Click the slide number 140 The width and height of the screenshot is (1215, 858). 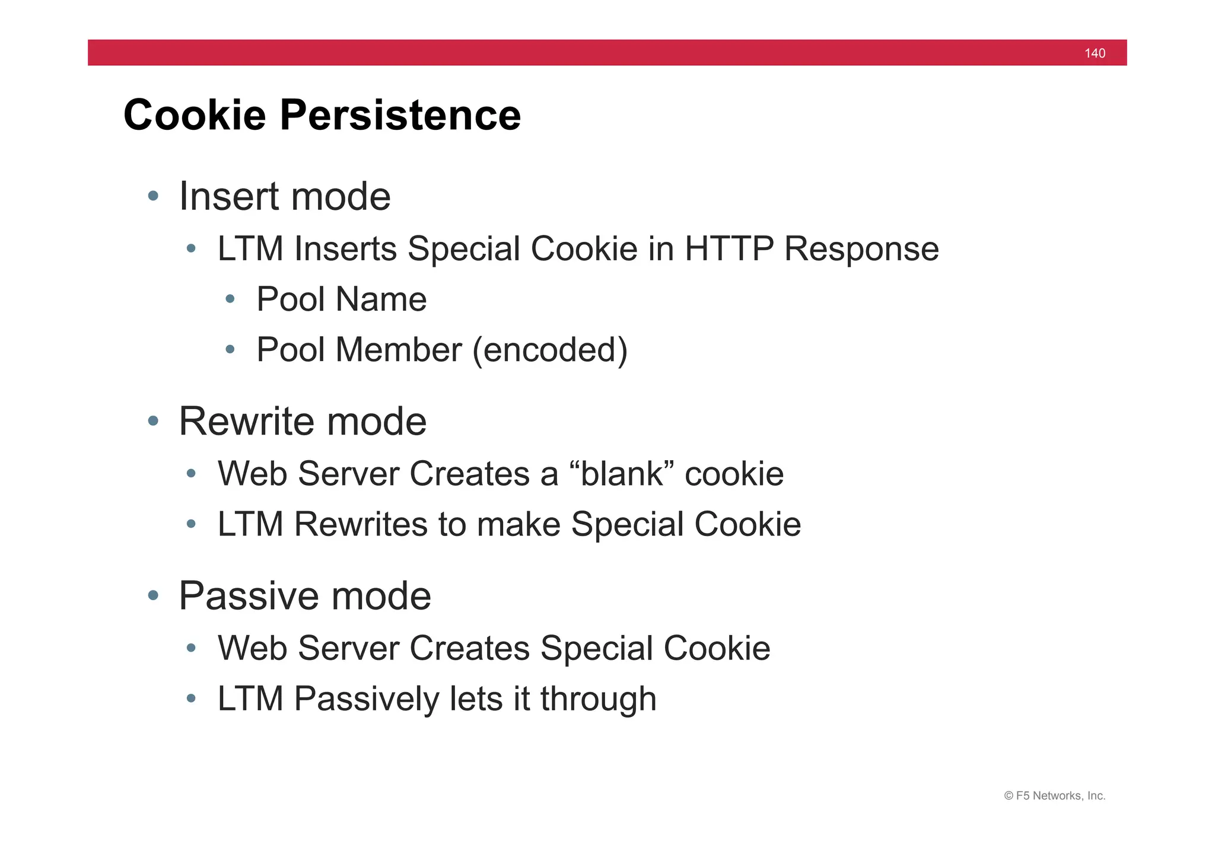coord(1095,53)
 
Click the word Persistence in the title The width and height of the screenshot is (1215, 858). coord(400,115)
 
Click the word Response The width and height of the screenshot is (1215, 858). coord(861,250)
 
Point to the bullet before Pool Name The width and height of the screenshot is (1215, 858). coord(230,299)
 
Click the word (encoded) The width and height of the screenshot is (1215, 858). coord(550,350)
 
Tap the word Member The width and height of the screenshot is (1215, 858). coord(399,350)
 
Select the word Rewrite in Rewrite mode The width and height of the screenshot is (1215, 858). coord(247,422)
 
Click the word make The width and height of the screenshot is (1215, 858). coord(519,525)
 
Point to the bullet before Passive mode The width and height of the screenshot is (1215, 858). coord(153,595)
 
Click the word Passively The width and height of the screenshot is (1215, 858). coord(367,699)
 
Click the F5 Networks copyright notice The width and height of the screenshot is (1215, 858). coord(1054,796)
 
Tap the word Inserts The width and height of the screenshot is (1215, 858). coord(345,248)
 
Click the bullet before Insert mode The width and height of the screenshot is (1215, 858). coord(153,196)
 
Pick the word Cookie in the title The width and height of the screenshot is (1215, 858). coord(195,115)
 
